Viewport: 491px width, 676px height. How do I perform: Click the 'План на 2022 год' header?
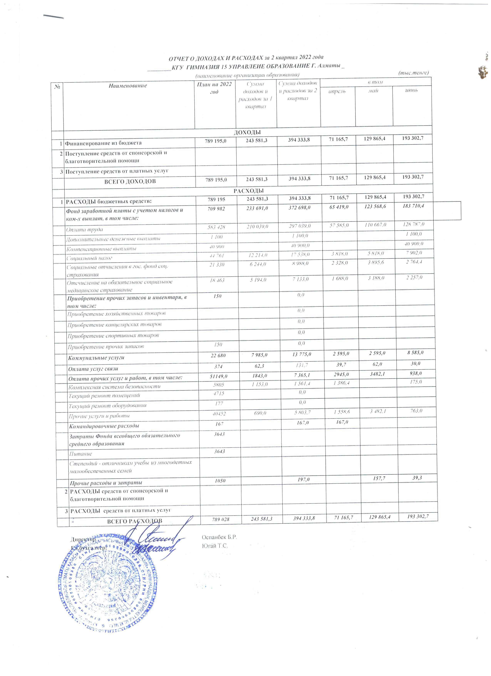[x=214, y=88]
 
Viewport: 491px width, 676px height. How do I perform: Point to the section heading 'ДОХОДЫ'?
[x=247, y=132]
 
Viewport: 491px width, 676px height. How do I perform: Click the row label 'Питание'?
[x=81, y=454]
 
